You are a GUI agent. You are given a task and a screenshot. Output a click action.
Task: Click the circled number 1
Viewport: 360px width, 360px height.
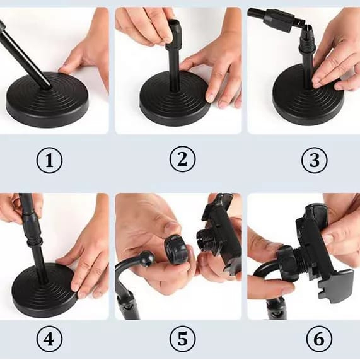49,160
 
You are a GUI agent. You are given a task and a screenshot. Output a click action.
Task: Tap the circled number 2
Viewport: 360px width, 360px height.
183,159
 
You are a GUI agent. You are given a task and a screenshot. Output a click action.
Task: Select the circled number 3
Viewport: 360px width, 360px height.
314,160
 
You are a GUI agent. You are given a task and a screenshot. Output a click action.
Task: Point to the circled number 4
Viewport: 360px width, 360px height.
49,339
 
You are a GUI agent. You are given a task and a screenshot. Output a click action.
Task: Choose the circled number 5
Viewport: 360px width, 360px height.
183,339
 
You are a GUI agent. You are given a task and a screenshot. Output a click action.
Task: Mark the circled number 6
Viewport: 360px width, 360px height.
319,339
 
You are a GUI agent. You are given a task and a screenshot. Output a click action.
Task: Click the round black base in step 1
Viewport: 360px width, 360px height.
48,99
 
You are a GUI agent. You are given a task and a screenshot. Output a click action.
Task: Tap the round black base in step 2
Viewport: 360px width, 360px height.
175,98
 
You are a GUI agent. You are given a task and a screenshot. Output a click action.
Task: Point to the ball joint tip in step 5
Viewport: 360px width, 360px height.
146,258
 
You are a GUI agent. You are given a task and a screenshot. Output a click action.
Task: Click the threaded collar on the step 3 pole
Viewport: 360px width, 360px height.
306,45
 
